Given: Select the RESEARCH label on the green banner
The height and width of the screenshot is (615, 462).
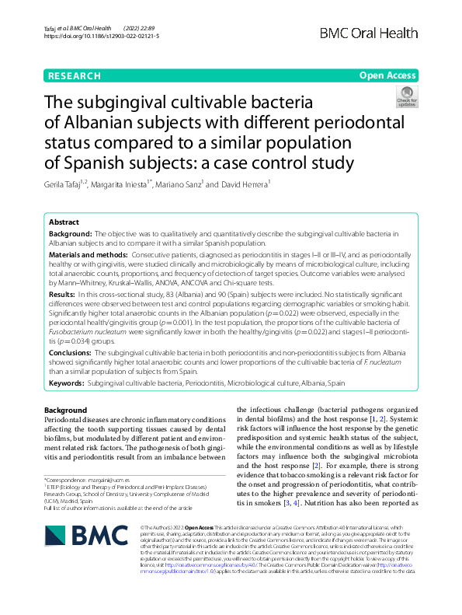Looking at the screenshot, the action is (x=75, y=75).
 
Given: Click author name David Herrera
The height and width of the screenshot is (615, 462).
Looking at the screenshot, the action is (x=247, y=184).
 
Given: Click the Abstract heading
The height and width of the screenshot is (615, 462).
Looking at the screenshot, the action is (x=64, y=222).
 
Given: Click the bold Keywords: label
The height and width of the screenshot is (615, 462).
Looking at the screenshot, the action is (x=67, y=383).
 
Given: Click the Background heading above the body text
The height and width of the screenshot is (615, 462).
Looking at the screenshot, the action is (x=66, y=410).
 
